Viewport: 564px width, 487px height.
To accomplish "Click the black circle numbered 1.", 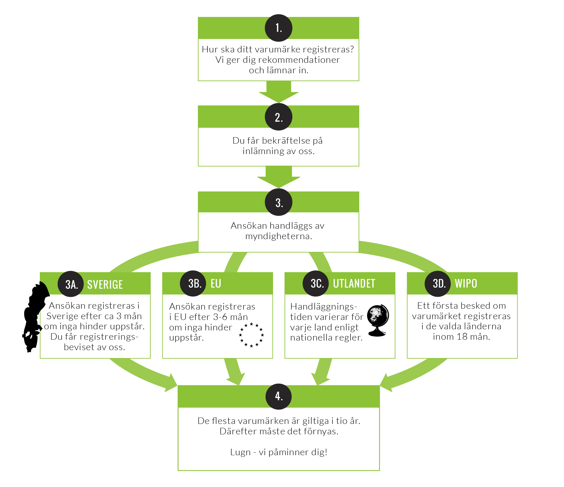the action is pyautogui.click(x=279, y=28).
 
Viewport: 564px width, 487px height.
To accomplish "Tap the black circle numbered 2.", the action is pyautogui.click(x=279, y=117).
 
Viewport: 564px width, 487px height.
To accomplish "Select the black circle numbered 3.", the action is pyautogui.click(x=279, y=202).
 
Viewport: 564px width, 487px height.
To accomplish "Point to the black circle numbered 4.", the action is pyautogui.click(x=279, y=397).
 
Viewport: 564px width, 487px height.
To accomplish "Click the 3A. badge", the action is pyautogui.click(x=71, y=284).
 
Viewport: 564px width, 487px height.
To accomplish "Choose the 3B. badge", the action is pyautogui.click(x=193, y=283).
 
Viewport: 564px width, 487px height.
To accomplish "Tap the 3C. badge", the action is pyautogui.click(x=316, y=283).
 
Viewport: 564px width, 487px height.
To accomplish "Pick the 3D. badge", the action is pyautogui.click(x=438, y=284).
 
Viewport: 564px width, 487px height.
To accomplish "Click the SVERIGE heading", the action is pyautogui.click(x=105, y=284).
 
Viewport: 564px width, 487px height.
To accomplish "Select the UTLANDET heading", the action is pyautogui.click(x=354, y=284).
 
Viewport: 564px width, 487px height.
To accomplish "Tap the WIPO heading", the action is pyautogui.click(x=466, y=284).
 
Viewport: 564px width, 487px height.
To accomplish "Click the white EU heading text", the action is pyautogui.click(x=216, y=284).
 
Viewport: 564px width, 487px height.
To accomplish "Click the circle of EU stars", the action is pyautogui.click(x=251, y=335).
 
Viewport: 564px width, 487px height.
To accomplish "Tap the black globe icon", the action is pyautogui.click(x=378, y=320).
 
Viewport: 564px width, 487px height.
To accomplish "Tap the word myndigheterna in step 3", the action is pyautogui.click(x=279, y=236).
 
